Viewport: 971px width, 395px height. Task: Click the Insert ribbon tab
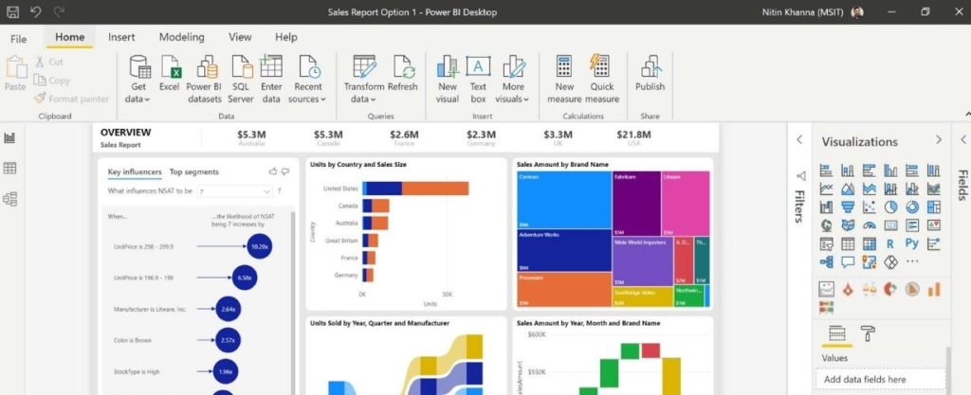click(120, 37)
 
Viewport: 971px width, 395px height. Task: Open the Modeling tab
click(181, 37)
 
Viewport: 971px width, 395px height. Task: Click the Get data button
click(138, 80)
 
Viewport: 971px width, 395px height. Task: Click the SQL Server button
click(241, 80)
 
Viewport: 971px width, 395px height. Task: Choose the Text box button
click(478, 80)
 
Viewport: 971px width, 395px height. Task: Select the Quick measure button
click(602, 80)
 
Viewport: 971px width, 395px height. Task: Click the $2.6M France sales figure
click(404, 135)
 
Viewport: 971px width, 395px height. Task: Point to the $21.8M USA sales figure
click(633, 135)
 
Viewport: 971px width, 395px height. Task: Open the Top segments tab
click(193, 172)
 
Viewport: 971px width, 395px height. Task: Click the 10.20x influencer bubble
click(259, 245)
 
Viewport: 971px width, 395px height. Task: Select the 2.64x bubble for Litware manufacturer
click(228, 309)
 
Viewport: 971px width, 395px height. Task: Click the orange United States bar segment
click(435, 188)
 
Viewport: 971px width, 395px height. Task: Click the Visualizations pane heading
click(859, 142)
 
